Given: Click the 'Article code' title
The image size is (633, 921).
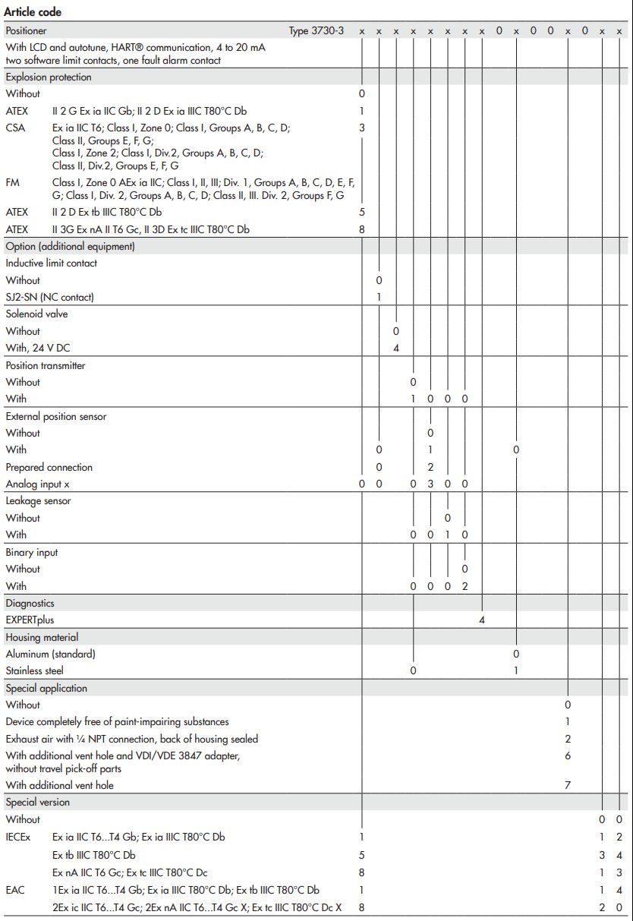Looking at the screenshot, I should (33, 12).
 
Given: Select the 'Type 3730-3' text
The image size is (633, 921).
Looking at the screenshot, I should (316, 31).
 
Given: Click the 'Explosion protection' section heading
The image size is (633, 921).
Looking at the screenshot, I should (49, 77).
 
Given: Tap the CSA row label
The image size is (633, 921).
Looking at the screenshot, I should (15, 128).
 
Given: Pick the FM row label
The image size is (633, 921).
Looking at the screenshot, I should (13, 183).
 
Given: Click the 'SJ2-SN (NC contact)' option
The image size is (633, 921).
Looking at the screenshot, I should (50, 297).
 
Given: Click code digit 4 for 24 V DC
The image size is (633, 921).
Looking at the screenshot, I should (396, 348).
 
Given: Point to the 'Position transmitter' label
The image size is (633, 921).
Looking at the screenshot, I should (46, 365).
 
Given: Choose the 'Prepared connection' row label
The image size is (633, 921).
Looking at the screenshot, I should (49, 467).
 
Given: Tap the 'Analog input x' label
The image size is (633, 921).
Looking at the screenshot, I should (38, 484).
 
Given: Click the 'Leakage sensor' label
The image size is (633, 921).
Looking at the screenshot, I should (38, 501).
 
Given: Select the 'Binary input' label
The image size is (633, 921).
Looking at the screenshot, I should (32, 552).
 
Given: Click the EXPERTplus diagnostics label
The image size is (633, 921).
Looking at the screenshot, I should (30, 620).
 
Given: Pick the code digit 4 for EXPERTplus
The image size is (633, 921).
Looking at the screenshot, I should (481, 620).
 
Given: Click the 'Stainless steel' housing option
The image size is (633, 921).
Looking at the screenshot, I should (35, 670).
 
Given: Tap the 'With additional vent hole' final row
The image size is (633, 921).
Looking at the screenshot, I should (60, 785).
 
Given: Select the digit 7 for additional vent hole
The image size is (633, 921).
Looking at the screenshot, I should (567, 785).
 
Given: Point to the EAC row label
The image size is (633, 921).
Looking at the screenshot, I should (15, 890).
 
